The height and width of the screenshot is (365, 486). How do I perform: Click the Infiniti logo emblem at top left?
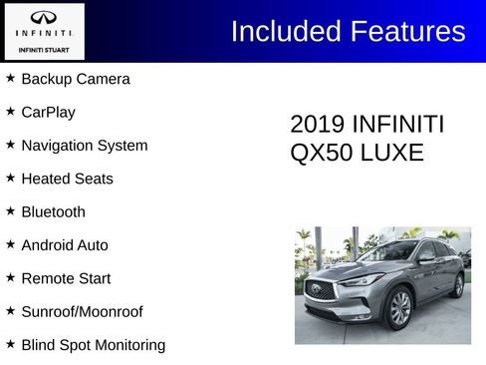(44, 17)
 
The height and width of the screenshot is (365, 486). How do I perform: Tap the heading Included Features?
(348, 31)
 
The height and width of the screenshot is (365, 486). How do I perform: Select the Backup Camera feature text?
(76, 79)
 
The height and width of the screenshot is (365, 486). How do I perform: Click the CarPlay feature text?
(48, 112)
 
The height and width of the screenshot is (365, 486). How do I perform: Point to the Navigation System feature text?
(84, 146)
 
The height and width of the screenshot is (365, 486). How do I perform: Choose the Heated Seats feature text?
(67, 179)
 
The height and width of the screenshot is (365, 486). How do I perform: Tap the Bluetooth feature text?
(53, 211)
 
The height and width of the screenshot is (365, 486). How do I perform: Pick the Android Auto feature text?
(65, 245)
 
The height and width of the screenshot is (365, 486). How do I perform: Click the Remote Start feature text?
(66, 278)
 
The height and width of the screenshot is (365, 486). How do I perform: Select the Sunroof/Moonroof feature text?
(82, 311)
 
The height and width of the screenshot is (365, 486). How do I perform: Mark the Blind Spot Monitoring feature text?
(94, 345)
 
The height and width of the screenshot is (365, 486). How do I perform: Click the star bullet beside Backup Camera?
(10, 78)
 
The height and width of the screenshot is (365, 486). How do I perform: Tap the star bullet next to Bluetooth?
(10, 210)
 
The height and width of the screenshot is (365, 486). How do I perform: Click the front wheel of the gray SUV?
(400, 308)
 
